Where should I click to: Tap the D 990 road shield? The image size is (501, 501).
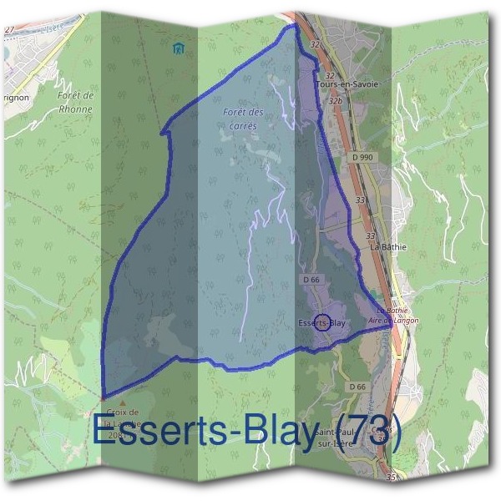pos(362,157)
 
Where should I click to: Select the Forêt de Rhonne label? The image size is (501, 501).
pos(75,101)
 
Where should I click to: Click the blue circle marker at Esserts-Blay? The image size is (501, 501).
pos(322,323)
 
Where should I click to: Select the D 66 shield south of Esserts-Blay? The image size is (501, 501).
pos(357,387)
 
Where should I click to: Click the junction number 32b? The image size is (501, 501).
pos(336,101)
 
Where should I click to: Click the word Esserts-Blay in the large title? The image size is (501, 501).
pos(205,433)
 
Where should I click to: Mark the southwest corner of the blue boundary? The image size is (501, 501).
pos(103,397)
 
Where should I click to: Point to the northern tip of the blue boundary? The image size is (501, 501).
pos(294,26)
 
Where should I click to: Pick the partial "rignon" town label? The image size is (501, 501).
pos(14,97)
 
